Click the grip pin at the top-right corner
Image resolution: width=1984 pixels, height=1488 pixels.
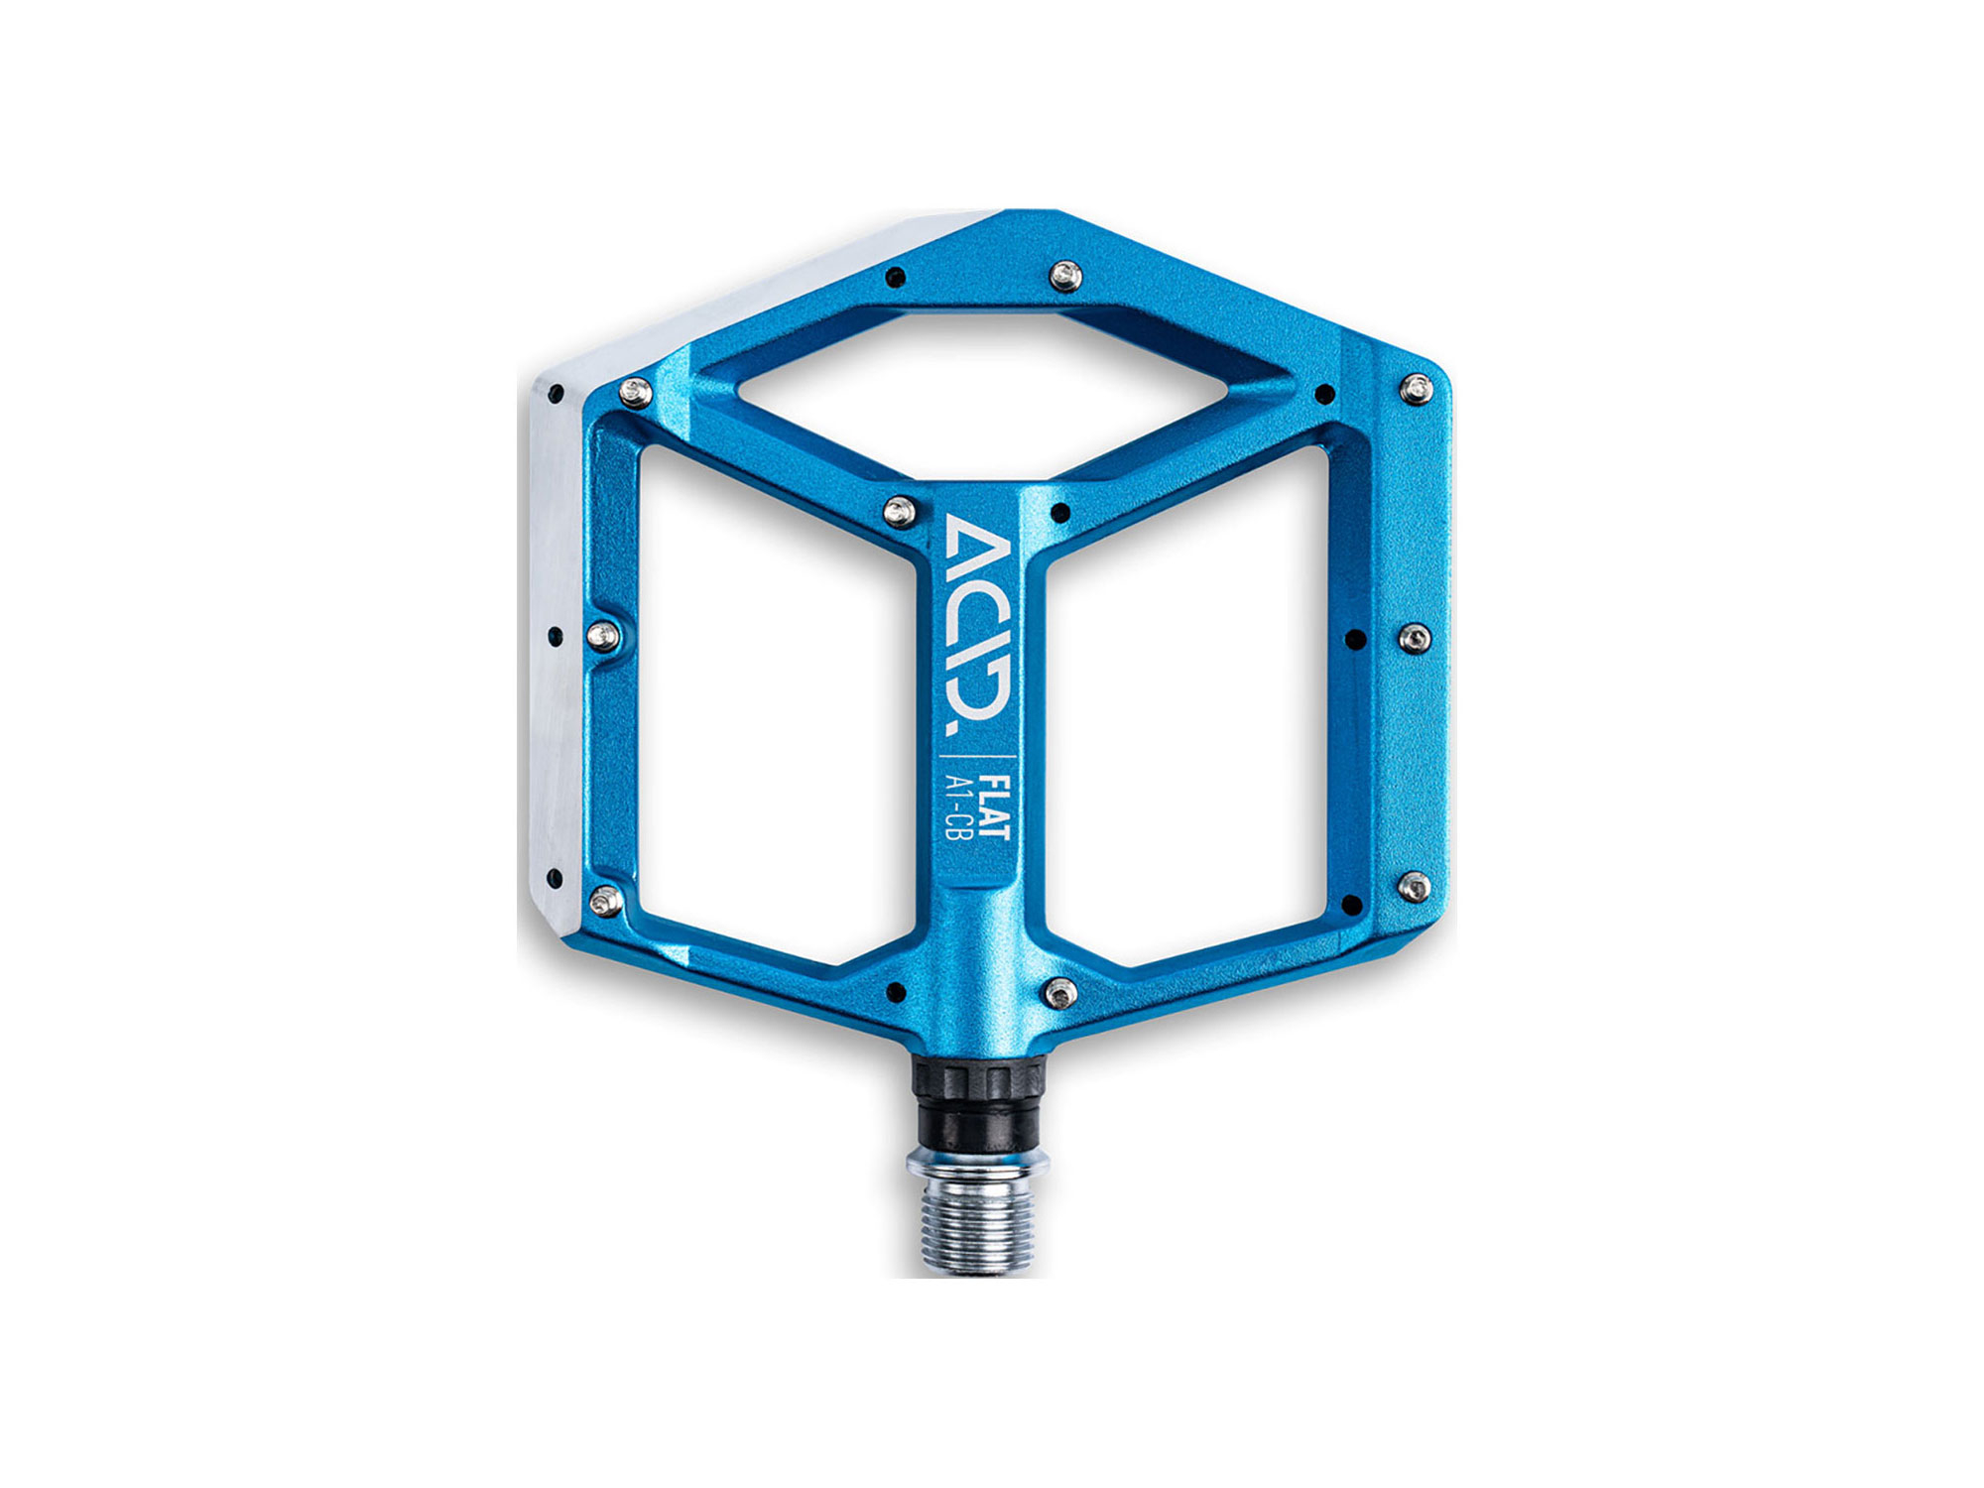[x=1418, y=389]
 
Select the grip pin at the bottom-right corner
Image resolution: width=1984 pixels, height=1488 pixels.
[x=1414, y=886]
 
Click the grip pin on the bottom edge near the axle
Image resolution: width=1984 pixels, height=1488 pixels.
[x=1060, y=990]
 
